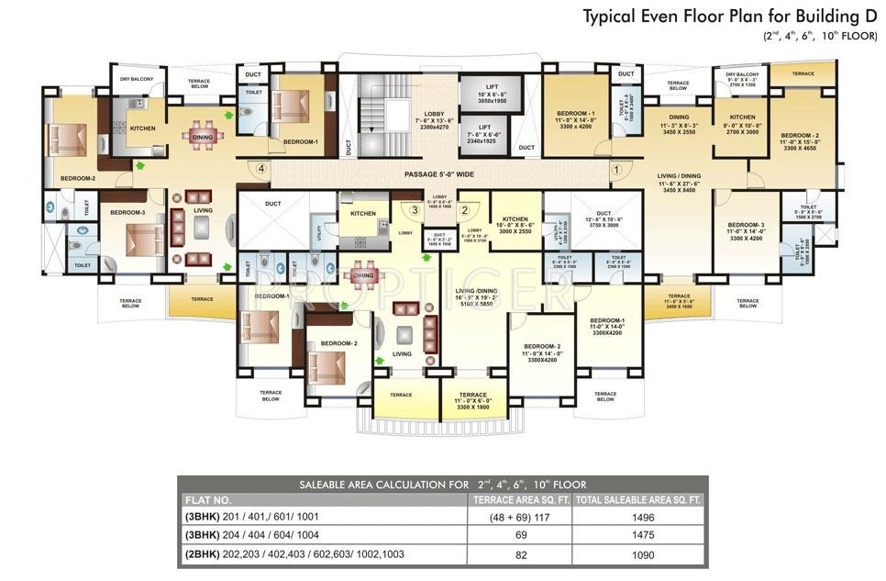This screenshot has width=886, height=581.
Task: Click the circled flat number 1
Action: pyautogui.click(x=616, y=169)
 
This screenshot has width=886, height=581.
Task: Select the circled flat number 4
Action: pyautogui.click(x=261, y=169)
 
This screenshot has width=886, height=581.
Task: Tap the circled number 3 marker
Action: pyautogui.click(x=415, y=210)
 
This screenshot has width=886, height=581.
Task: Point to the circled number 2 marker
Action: pyautogui.click(x=464, y=210)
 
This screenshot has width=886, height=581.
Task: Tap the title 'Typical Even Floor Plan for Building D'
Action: pyautogui.click(x=731, y=16)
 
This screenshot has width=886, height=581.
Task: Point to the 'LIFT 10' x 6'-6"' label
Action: pyautogui.click(x=491, y=95)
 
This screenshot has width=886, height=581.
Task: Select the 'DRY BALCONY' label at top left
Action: pyautogui.click(x=137, y=80)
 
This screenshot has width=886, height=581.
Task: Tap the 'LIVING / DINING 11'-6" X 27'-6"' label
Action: pyautogui.click(x=680, y=180)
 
